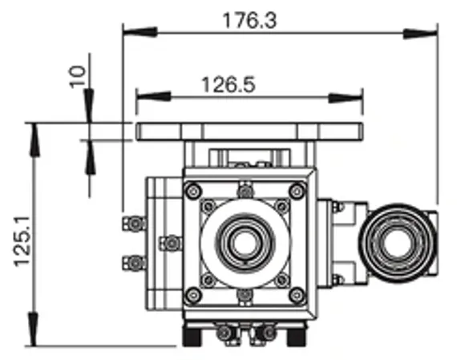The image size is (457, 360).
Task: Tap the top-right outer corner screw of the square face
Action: pyautogui.click(x=297, y=191)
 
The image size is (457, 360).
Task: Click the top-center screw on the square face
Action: pyautogui.click(x=244, y=191)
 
